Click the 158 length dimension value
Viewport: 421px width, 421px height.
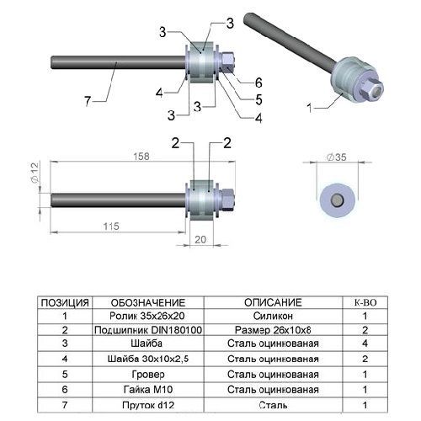click(x=141, y=157)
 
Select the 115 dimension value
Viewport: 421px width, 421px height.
click(x=111, y=226)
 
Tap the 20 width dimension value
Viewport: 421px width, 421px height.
click(x=200, y=240)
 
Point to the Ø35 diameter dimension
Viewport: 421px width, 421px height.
click(x=337, y=157)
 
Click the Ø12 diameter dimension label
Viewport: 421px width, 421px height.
click(x=35, y=173)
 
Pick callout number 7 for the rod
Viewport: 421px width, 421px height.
click(x=88, y=101)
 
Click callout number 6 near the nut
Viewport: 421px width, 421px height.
click(x=258, y=83)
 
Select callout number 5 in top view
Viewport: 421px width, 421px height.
click(x=258, y=99)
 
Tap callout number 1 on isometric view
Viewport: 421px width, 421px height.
click(x=310, y=108)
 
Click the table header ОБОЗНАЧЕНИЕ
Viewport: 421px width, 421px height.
click(x=148, y=303)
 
